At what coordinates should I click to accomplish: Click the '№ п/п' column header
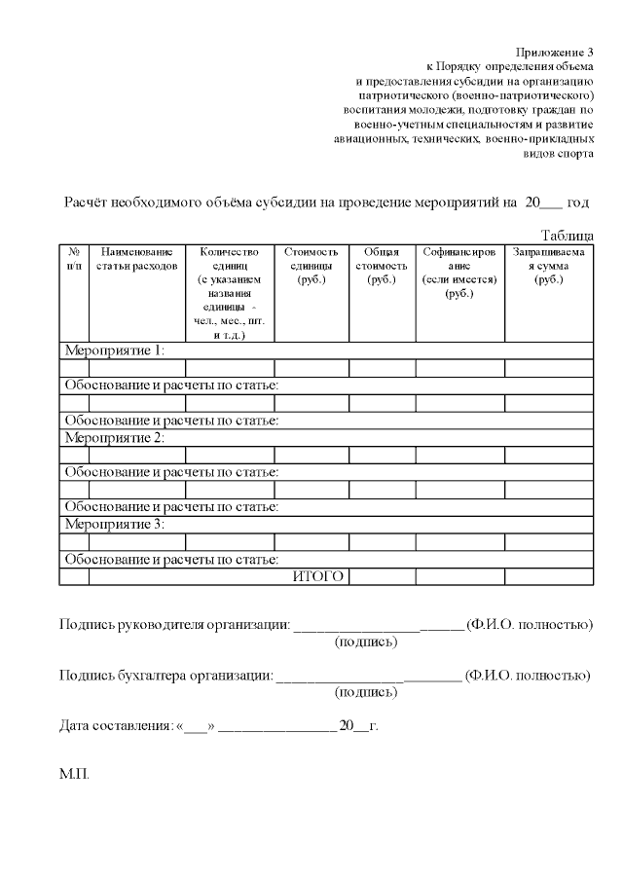(74, 258)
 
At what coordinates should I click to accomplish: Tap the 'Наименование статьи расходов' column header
(136, 258)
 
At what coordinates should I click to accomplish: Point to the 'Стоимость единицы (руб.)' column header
(311, 265)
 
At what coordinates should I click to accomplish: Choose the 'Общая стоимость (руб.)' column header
(382, 265)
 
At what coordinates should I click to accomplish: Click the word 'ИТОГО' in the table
(318, 576)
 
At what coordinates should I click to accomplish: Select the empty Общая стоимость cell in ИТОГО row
(382, 576)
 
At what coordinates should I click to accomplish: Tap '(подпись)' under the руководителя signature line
(366, 642)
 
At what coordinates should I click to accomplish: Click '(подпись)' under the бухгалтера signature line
(366, 692)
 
